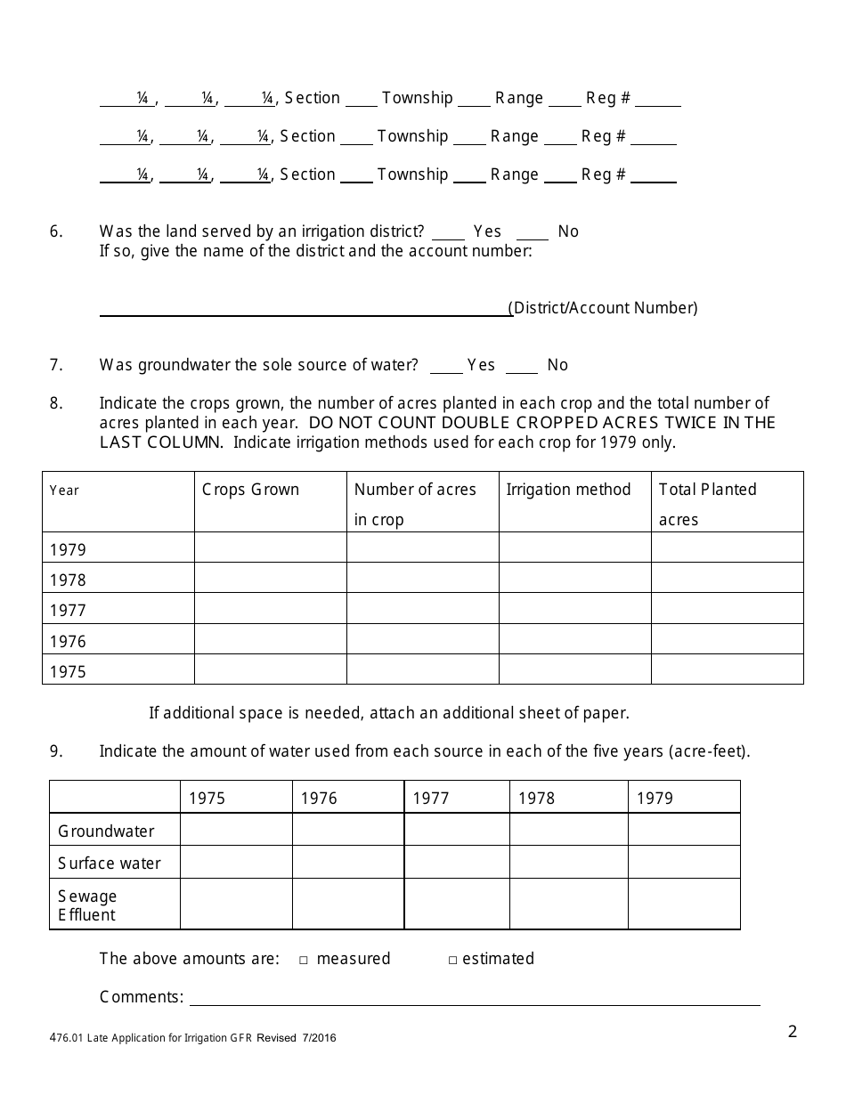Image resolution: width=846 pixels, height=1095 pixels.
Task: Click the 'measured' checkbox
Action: (304, 960)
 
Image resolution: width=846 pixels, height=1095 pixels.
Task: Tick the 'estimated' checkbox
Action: (452, 960)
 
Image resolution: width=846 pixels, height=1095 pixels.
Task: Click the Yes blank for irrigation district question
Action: (448, 233)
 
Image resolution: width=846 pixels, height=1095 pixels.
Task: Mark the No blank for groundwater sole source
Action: (522, 367)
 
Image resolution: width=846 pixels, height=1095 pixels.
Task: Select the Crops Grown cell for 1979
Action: (270, 547)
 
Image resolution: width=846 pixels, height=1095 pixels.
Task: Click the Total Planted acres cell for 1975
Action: (727, 669)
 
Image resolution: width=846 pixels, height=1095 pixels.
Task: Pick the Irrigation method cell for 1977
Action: (574, 609)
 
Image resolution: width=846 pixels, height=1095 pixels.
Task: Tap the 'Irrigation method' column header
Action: (568, 490)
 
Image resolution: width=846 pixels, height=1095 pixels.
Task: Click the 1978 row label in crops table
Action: (69, 580)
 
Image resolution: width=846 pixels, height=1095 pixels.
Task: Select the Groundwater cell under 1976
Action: (347, 830)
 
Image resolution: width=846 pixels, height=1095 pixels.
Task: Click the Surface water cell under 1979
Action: (683, 862)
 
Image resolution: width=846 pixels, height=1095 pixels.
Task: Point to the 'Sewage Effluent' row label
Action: (87, 904)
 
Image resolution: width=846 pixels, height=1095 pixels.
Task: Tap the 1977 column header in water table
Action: (431, 799)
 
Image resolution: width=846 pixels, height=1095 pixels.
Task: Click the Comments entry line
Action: (474, 998)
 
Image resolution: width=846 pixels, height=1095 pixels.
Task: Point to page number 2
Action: (793, 1032)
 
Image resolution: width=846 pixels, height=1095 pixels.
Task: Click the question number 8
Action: (56, 403)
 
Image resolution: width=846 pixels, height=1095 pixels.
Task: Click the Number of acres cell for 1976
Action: (422, 639)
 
